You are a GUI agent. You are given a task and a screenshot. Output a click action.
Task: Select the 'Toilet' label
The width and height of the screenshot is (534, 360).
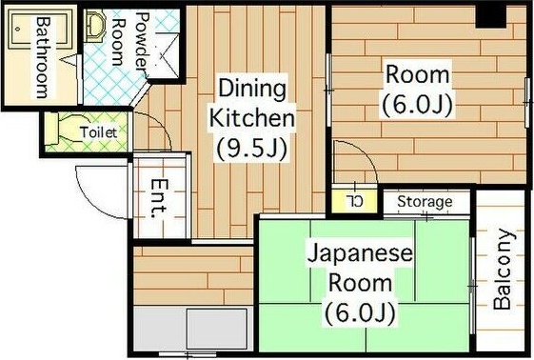[99, 132]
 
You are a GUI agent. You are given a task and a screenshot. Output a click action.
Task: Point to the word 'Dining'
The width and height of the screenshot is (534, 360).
[252, 90]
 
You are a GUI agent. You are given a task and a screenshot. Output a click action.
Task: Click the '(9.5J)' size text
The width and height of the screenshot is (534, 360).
[252, 149]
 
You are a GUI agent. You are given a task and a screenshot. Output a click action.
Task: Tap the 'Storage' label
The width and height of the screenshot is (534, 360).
[424, 202]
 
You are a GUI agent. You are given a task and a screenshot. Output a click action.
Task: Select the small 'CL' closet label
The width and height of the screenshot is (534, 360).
[355, 201]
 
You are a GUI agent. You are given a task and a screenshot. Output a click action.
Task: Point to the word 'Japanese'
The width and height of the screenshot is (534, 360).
[359, 254]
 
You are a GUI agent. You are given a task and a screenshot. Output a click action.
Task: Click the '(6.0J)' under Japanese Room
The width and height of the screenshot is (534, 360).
[359, 311]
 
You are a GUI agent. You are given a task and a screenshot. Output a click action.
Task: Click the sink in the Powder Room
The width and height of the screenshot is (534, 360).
[95, 27]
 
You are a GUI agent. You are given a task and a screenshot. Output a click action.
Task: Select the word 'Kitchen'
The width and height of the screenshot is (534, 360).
[252, 119]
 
